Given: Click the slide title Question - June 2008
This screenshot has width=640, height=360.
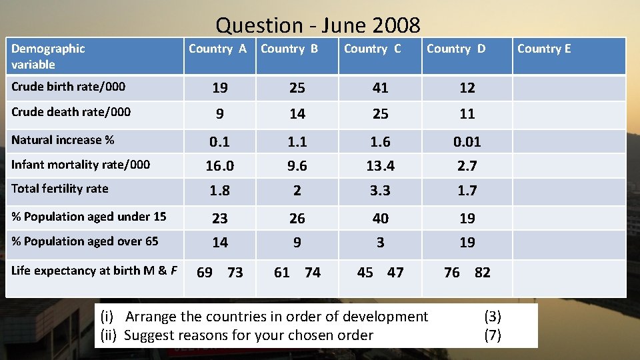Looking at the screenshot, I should point(318,25).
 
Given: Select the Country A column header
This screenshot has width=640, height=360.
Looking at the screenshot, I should point(217,49).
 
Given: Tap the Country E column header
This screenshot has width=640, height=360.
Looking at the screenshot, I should point(544,49).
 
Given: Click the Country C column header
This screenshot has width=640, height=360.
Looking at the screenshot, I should point(372,49).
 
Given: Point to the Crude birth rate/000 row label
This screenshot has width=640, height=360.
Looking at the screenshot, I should point(68,86).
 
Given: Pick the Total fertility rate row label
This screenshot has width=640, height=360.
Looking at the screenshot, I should point(59,189).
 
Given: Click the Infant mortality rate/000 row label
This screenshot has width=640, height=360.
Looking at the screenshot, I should point(81,164).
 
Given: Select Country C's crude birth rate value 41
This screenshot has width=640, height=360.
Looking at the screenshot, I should point(380,88).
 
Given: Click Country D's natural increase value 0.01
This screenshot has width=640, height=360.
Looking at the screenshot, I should point(467,141).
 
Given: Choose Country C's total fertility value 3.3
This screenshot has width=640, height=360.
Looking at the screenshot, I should point(380,191).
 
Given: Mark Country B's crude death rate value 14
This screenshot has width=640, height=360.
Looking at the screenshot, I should point(297,114).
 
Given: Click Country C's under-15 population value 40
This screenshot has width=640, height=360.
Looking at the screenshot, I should point(380,218).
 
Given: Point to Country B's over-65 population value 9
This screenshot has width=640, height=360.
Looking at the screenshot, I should point(297,243).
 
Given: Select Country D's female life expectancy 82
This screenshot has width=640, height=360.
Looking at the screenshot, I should point(482,272).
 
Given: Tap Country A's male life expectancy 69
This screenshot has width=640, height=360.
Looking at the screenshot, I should point(205,272).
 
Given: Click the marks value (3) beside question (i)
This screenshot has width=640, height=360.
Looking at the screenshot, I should point(492,317).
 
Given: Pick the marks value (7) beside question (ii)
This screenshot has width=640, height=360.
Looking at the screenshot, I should point(492,335).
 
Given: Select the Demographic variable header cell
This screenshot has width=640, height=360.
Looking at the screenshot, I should point(48,56).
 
